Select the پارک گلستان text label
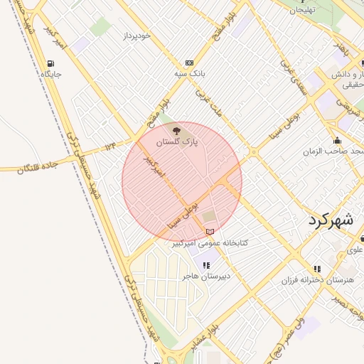coord(176,142)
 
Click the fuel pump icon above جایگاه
coord(50,63)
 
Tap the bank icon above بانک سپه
coord(188,63)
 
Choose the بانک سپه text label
coord(189,73)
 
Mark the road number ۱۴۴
coord(109,146)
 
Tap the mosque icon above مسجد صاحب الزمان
coord(336,140)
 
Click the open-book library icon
coord(209,231)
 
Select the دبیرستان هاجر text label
coord(206,275)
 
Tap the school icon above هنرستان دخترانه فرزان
coord(317,269)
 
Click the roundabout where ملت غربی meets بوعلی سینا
coord(253,151)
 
